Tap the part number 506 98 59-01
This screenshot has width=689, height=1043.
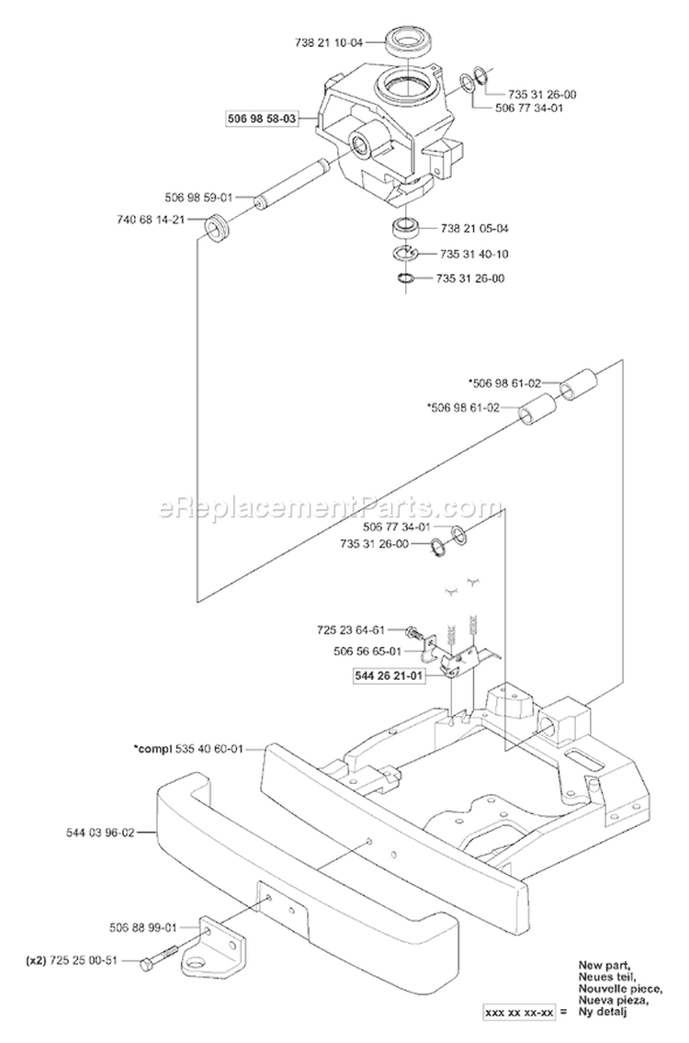tap(198, 198)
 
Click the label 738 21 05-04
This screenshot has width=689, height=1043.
tap(474, 228)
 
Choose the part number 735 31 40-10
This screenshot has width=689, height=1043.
tap(474, 255)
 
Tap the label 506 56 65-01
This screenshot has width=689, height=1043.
tap(367, 652)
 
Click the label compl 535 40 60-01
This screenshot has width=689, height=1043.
tap(187, 749)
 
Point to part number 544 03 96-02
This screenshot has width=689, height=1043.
tap(100, 832)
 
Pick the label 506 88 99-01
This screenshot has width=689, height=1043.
tap(143, 926)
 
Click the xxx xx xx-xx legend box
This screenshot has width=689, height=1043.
tap(519, 1031)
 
